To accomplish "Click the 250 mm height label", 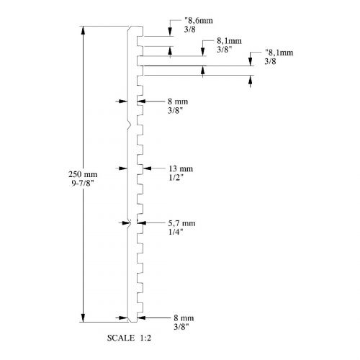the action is [x=83, y=174].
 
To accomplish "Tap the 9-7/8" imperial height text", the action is [x=83, y=183].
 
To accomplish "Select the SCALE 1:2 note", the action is [x=129, y=338].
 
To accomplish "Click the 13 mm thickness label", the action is [x=181, y=168].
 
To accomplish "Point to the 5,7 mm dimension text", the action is [x=181, y=223].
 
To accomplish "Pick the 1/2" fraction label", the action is [x=176, y=178].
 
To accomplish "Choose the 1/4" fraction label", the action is [x=176, y=232].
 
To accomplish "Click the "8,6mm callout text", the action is [x=199, y=20].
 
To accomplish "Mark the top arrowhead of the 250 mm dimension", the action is [x=83, y=30].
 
